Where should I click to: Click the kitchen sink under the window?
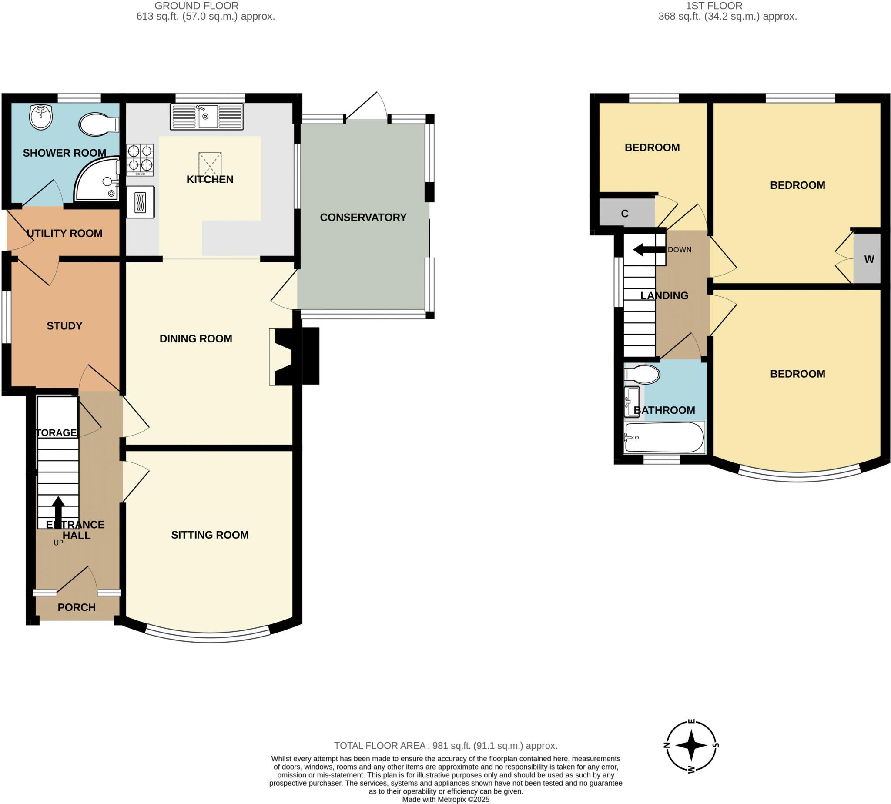pyautogui.click(x=207, y=117)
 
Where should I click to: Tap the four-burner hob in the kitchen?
pyautogui.click(x=140, y=160)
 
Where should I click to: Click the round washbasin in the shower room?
pyautogui.click(x=41, y=117)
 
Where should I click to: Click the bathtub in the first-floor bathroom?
pyautogui.click(x=663, y=437)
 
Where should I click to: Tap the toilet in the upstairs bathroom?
pyautogui.click(x=642, y=374)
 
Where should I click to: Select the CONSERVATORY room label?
pyautogui.click(x=363, y=218)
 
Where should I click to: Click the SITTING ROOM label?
pyautogui.click(x=210, y=535)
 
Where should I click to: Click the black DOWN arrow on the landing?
pyautogui.click(x=649, y=250)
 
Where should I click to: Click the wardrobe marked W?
pyautogui.click(x=868, y=259)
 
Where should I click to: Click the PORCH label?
pyautogui.click(x=77, y=607)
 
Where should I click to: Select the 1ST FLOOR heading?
pyautogui.click(x=713, y=6)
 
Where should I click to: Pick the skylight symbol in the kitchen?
pyautogui.click(x=210, y=164)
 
